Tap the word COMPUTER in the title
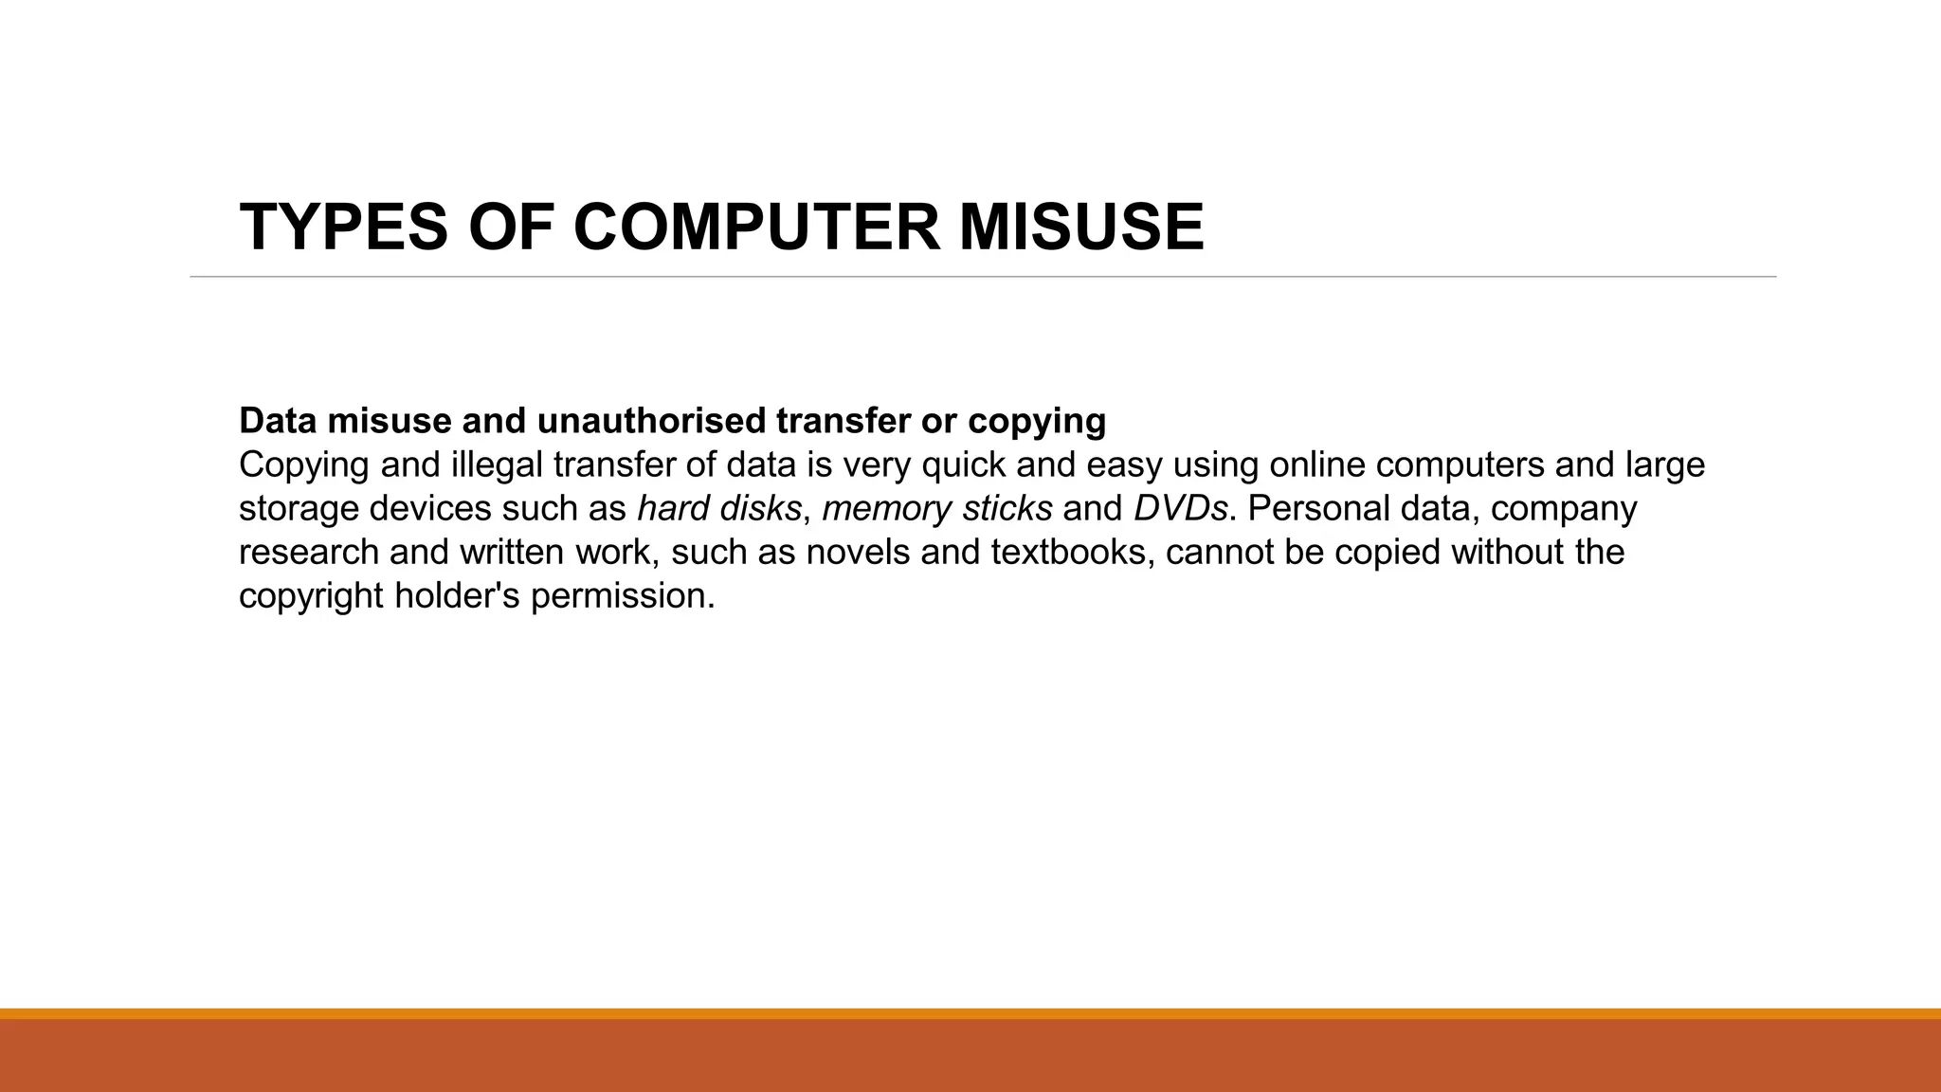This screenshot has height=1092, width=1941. [757, 227]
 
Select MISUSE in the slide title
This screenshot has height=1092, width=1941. [1081, 227]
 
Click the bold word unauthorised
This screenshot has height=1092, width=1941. [651, 420]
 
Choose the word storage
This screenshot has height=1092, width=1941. [299, 509]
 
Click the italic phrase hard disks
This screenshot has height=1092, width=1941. [719, 509]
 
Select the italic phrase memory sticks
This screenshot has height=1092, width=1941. [936, 509]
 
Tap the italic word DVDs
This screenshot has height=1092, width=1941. [1180, 509]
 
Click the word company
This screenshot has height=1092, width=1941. [1564, 509]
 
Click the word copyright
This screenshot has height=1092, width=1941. [311, 596]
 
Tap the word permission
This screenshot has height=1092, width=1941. [622, 596]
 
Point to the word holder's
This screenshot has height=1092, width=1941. [457, 596]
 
